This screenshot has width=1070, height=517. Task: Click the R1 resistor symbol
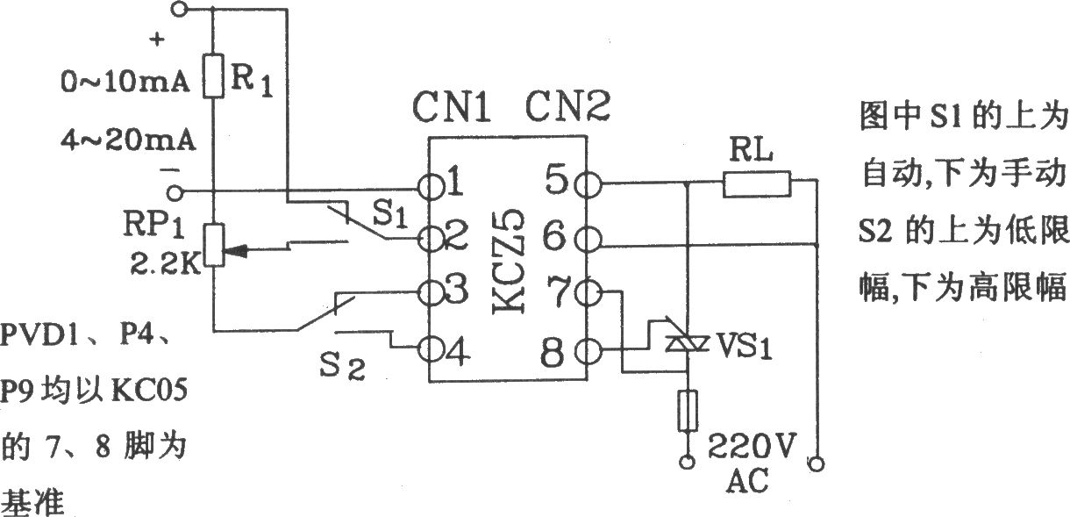point(213,76)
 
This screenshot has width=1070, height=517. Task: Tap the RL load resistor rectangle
point(757,184)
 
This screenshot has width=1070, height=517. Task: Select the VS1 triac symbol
point(687,343)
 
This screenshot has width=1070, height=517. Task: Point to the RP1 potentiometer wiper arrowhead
point(236,250)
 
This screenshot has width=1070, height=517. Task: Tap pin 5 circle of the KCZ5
point(588,184)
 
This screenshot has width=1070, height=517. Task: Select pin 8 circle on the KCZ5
point(588,352)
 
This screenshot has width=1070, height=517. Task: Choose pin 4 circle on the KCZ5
point(430,350)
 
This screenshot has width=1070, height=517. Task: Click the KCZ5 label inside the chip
point(509,261)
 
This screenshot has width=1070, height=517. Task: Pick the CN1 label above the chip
point(451,107)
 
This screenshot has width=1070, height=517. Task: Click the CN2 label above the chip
point(567,106)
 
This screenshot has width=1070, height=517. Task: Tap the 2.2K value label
point(165,263)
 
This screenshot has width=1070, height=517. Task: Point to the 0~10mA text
point(125,83)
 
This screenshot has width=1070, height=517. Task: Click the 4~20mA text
point(129,140)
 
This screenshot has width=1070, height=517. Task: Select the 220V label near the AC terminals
point(752,447)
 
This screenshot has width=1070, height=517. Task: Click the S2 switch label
point(342,366)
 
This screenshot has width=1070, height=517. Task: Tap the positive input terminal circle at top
point(178,9)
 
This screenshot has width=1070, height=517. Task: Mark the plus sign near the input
point(157,39)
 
